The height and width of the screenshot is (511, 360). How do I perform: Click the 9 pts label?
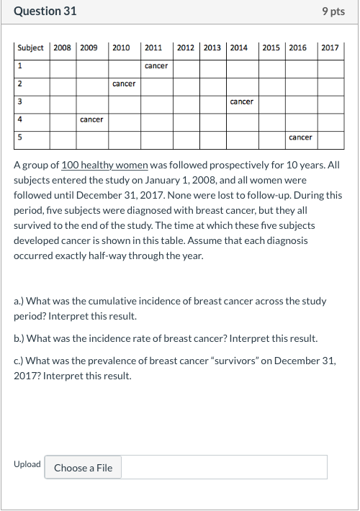click(x=333, y=12)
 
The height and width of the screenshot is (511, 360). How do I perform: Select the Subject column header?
click(x=30, y=48)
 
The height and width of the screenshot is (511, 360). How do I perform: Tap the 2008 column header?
click(x=63, y=48)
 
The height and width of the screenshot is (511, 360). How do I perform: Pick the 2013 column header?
click(x=212, y=48)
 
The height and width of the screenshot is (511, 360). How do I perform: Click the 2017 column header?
click(x=330, y=48)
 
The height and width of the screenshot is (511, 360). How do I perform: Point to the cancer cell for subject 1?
click(x=156, y=66)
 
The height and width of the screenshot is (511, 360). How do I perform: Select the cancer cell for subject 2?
click(x=124, y=84)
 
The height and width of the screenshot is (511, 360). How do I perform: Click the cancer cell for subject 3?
click(x=241, y=101)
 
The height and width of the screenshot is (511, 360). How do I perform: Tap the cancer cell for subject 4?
click(x=91, y=119)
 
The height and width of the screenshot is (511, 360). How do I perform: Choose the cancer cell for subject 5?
click(x=300, y=137)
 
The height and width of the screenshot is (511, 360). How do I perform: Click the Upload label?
click(x=27, y=464)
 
